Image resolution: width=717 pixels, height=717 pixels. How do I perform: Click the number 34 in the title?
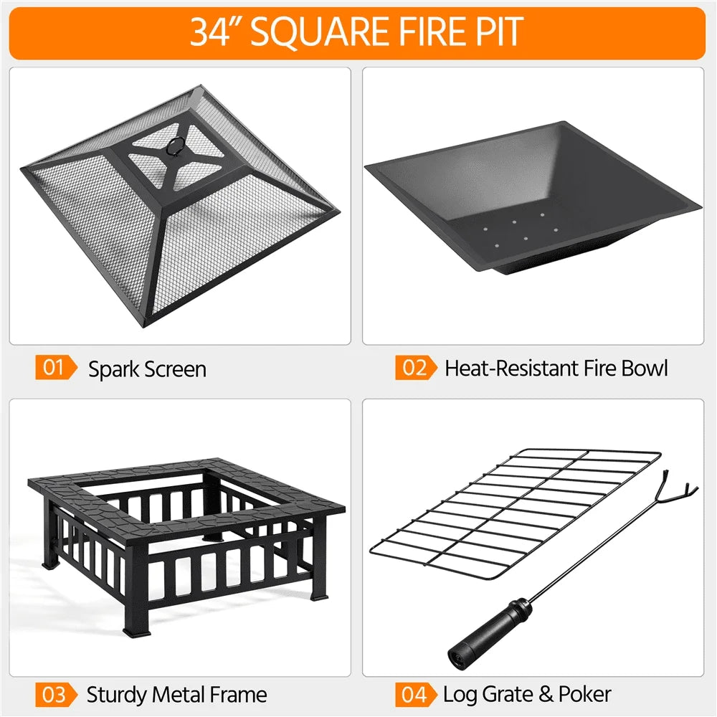[x=209, y=32]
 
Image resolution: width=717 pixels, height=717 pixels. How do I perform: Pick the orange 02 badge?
[x=415, y=369]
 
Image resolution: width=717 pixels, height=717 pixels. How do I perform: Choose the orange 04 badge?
[x=415, y=694]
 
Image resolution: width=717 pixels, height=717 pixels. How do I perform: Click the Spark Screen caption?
[x=147, y=369]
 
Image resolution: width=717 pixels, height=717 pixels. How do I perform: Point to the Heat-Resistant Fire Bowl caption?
[x=556, y=369]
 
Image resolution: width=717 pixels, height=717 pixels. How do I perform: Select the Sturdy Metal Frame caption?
[x=176, y=694]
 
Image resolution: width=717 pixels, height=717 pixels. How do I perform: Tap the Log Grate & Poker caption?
[x=527, y=694]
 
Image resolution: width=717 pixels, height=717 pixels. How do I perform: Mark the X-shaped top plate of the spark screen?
[x=172, y=154]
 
